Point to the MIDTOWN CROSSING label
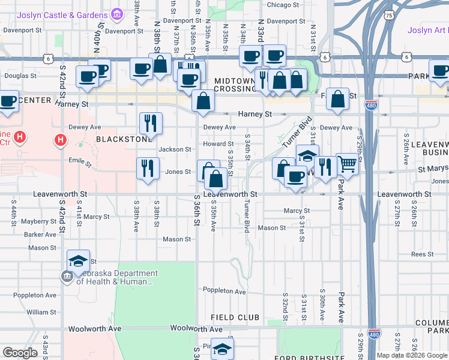click(x=235, y=85)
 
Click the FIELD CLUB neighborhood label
click(x=235, y=317)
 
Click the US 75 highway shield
click(x=390, y=15)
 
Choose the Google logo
click(x=20, y=353)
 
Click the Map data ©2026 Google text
click(x=412, y=355)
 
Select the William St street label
click(x=41, y=312)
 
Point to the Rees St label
click(x=422, y=254)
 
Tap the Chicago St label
click(x=283, y=5)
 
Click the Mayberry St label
click(x=39, y=221)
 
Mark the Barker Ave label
click(x=40, y=235)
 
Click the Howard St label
click(x=218, y=144)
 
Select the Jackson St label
click(x=175, y=149)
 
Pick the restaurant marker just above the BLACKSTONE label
click(x=150, y=123)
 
